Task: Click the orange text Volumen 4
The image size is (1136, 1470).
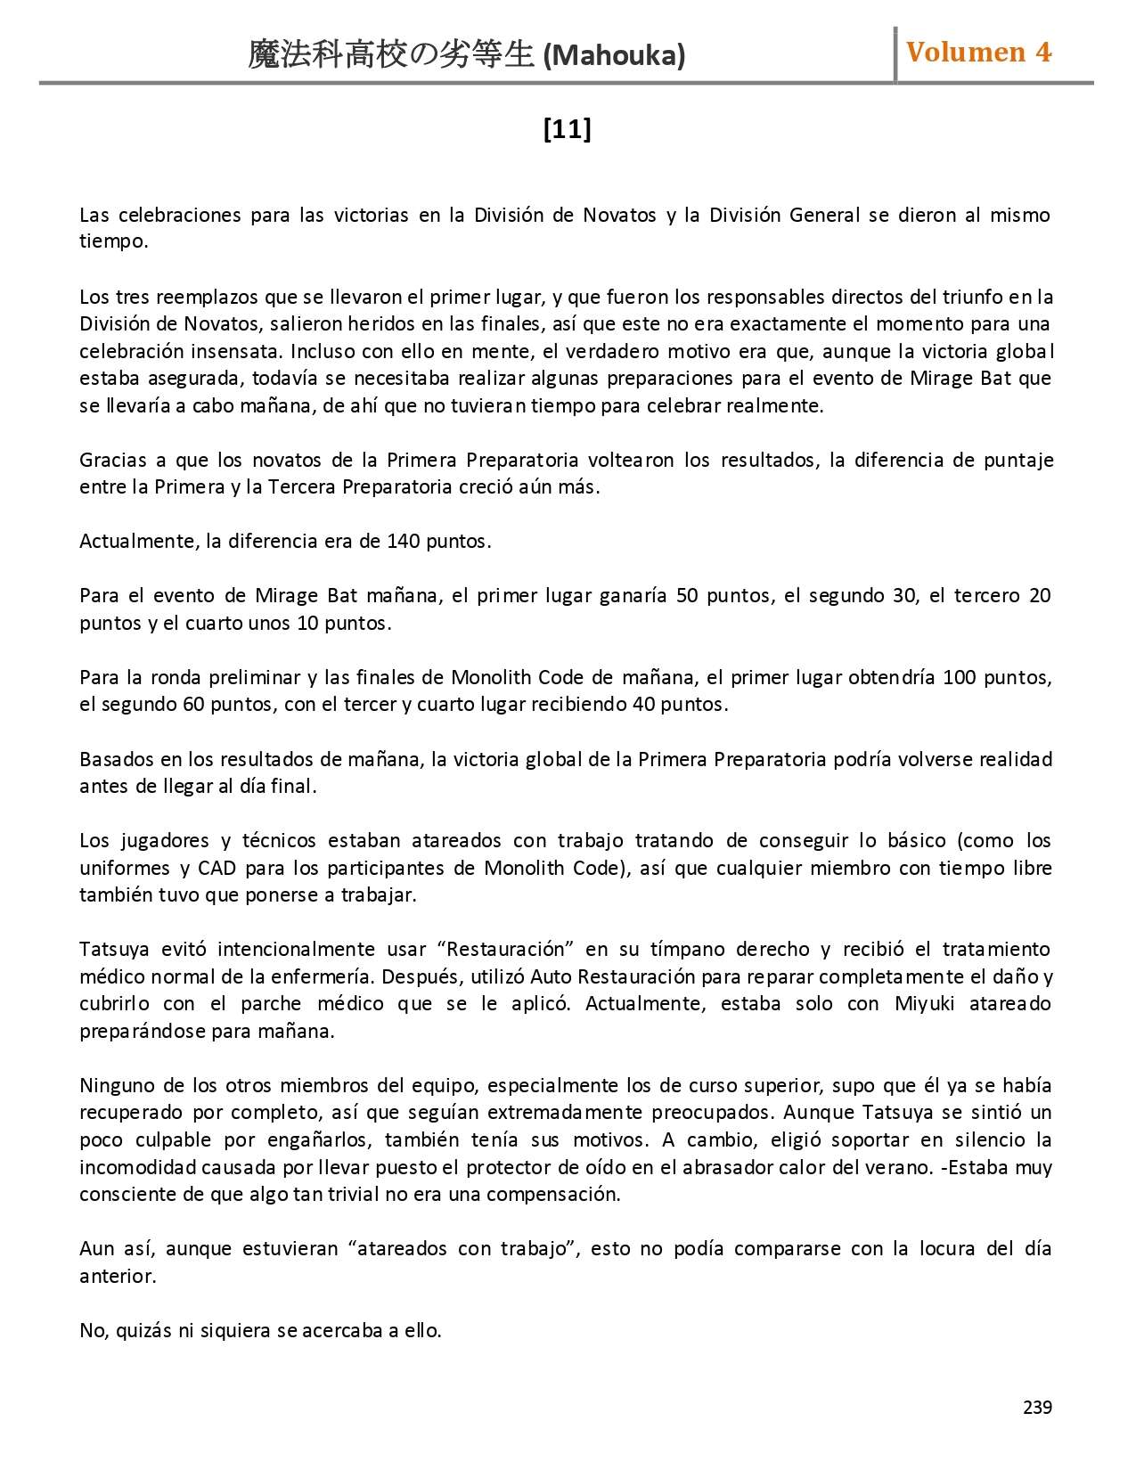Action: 978,53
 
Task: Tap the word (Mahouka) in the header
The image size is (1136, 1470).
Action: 614,56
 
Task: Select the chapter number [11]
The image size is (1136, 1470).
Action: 567,130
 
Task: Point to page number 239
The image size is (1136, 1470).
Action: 1037,1407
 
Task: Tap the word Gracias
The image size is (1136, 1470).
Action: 113,461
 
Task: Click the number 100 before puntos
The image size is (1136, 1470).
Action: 960,677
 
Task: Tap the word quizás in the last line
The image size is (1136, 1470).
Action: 143,1331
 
